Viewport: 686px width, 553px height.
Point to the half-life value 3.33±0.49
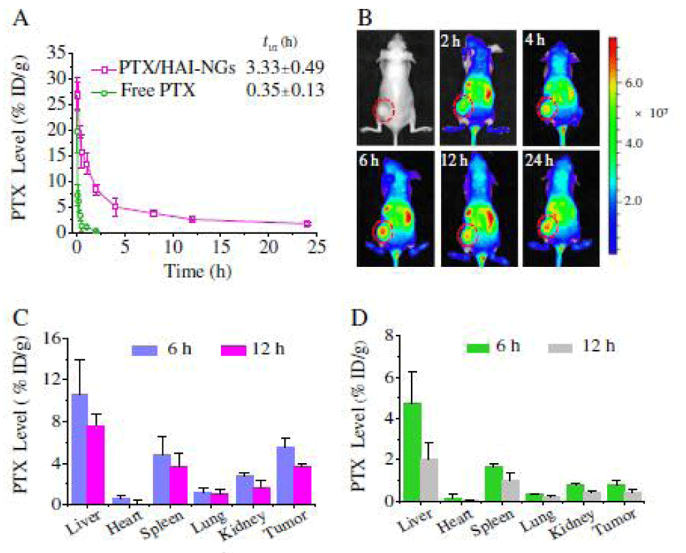click(285, 68)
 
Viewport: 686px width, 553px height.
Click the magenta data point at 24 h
click(307, 224)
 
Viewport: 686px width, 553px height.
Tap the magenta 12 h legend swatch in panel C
click(233, 351)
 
